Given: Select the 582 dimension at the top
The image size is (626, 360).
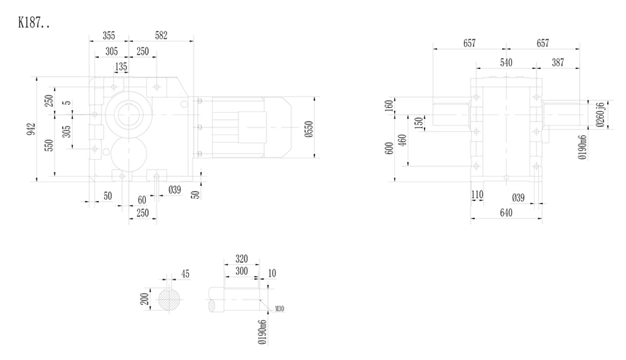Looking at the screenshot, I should click(x=161, y=36).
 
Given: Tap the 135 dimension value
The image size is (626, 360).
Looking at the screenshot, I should click(x=120, y=66).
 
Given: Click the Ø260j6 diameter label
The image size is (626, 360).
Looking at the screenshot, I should click(x=600, y=115).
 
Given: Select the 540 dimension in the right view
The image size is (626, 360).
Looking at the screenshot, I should click(x=506, y=63).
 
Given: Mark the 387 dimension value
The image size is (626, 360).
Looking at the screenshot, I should click(x=558, y=63).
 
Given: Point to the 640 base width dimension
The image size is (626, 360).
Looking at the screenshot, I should click(x=506, y=213).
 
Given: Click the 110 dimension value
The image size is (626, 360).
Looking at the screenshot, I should click(x=478, y=196).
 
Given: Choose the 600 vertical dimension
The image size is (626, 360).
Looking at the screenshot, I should click(x=389, y=148).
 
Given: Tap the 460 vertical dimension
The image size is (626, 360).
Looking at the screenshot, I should click(x=402, y=139).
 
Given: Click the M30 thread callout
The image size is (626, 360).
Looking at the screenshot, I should click(x=280, y=309).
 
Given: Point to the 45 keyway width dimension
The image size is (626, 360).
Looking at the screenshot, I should click(x=185, y=274).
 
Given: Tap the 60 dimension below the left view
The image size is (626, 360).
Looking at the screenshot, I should click(x=142, y=199).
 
